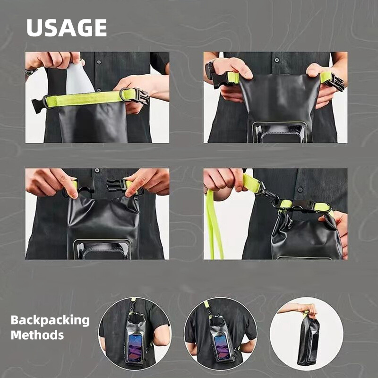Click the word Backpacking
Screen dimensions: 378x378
coord(50,320)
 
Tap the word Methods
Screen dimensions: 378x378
coord(37,335)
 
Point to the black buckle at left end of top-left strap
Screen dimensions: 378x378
coord(38,104)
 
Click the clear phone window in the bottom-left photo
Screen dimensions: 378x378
coord(103,249)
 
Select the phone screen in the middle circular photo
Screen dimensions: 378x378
coord(222,347)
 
